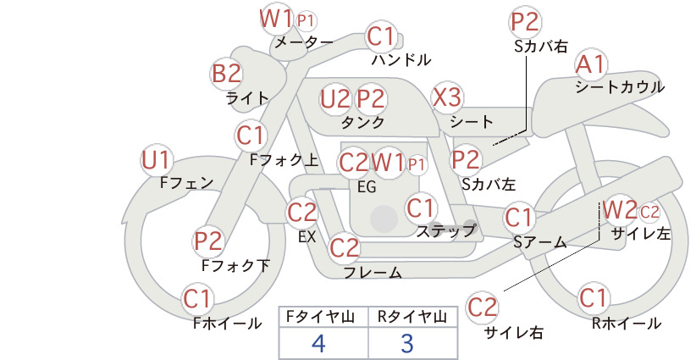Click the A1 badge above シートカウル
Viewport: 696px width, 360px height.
[591, 65]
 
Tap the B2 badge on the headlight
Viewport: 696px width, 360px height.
[226, 74]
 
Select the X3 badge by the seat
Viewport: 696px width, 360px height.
[447, 97]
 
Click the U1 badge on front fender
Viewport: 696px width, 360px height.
[157, 160]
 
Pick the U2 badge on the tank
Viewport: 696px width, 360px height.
[335, 98]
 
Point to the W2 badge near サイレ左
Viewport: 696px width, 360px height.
[621, 210]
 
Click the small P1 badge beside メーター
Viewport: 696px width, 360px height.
[306, 20]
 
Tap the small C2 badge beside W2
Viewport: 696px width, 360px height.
[649, 212]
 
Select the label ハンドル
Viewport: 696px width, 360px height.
[401, 59]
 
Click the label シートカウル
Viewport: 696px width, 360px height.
[620, 87]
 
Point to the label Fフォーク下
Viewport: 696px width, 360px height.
[235, 265]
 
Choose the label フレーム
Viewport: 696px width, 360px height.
[373, 272]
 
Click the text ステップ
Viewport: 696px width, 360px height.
[445, 231]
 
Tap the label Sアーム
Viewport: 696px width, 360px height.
[540, 242]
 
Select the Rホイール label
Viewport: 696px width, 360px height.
[627, 324]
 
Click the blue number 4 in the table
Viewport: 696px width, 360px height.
[318, 343]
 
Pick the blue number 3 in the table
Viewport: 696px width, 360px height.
[407, 343]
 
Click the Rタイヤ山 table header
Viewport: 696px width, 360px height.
[412, 317]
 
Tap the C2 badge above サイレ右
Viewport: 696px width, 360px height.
[482, 307]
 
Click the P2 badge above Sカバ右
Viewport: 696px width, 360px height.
[525, 22]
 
